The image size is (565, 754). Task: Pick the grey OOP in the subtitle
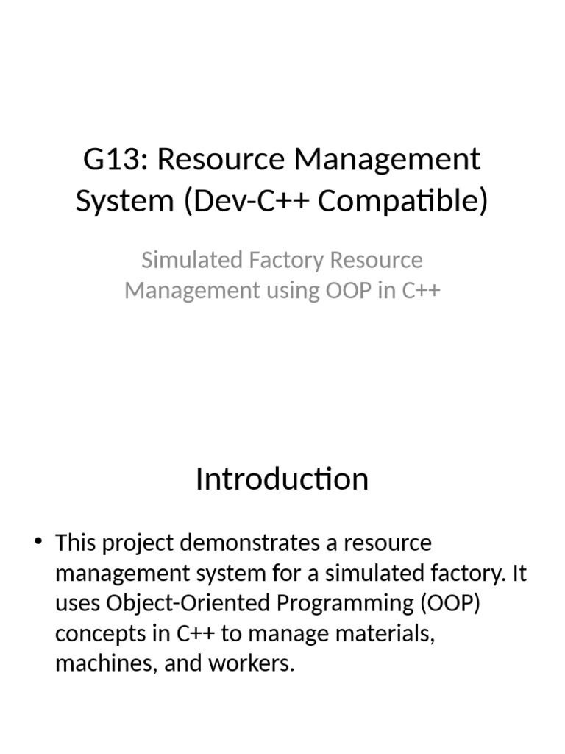click(350, 291)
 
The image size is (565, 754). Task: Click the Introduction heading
click(282, 479)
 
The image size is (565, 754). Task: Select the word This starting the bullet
click(77, 543)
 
